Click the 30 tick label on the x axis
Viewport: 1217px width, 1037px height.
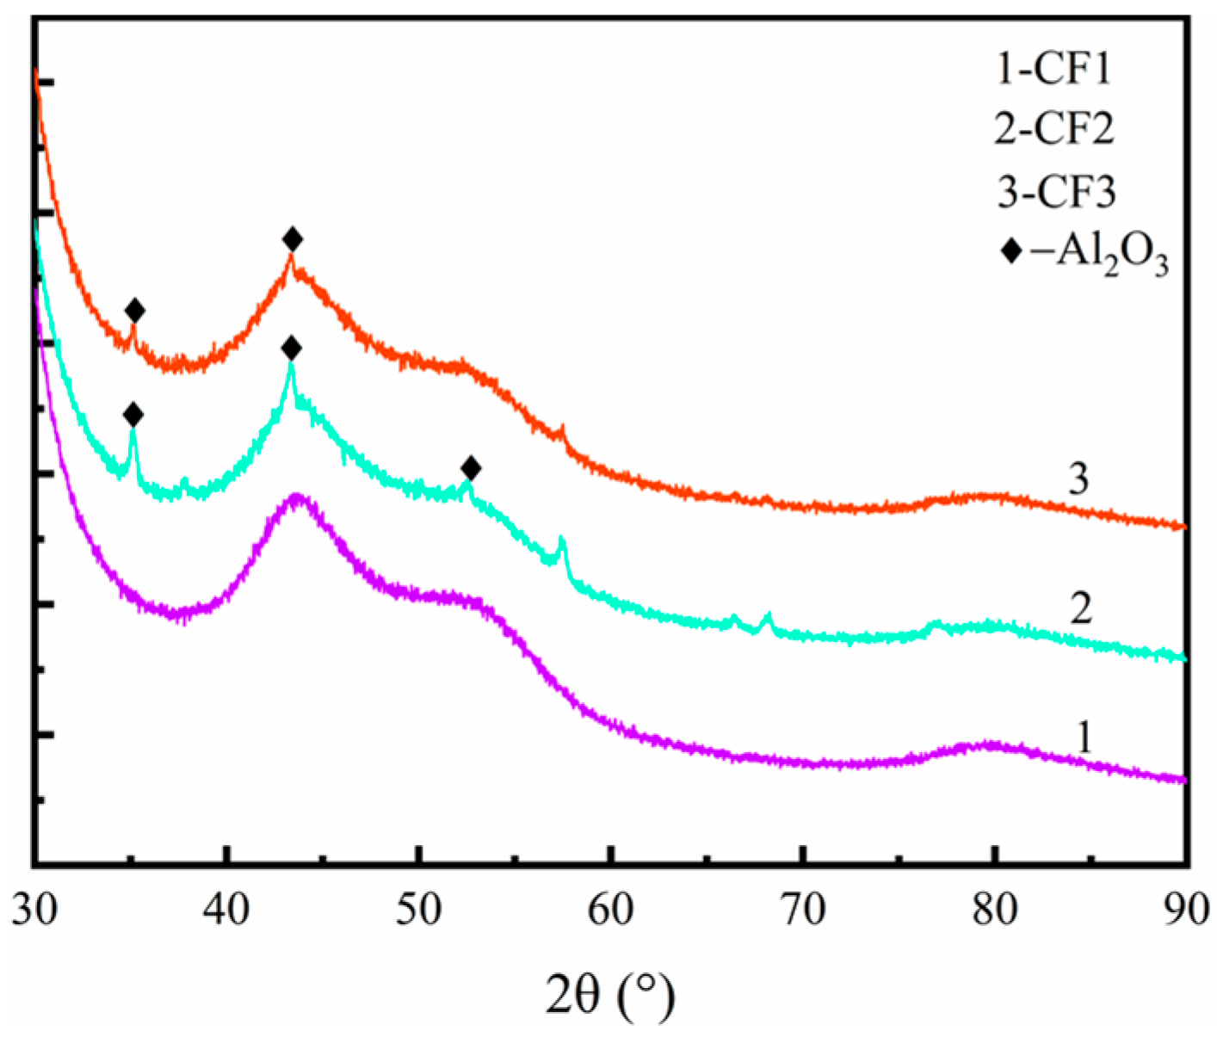34,910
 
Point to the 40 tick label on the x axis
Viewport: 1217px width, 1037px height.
226,910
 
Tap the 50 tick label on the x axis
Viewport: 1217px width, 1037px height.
418,910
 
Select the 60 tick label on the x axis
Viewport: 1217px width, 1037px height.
610,910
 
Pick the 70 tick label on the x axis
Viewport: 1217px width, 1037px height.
802,910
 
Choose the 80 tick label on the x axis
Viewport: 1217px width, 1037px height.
995,910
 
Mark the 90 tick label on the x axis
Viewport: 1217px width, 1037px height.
1186,910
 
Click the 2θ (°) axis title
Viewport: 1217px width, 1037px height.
609,996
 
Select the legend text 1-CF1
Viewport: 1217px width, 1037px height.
1053,68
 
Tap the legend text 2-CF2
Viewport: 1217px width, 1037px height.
1054,129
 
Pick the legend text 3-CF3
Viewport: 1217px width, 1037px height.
1056,191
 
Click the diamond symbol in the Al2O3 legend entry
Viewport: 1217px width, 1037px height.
1012,251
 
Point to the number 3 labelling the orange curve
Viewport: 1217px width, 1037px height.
1078,478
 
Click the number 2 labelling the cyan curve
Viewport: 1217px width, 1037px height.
1081,608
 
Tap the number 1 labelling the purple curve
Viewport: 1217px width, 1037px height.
1084,738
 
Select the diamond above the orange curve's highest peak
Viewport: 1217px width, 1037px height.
293,239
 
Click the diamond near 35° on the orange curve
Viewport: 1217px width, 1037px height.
134,311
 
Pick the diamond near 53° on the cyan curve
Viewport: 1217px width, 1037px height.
471,469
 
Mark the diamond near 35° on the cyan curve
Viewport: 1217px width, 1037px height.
133,415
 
